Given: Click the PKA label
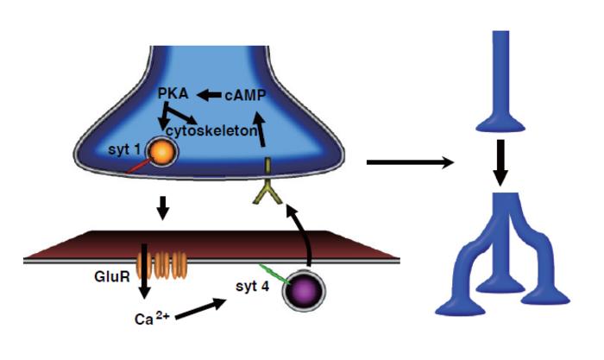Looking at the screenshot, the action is pos(173,93).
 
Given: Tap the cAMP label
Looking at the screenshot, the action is pos(245,95).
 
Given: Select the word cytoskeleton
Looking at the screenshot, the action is pos(211,131).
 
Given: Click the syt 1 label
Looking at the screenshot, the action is pos(124,149).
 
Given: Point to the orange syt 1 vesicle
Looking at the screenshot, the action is pos(163,151).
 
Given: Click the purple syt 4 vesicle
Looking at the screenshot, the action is pos(304,290).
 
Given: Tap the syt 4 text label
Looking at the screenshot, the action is pos(252,287).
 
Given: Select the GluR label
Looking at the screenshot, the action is pos(111,276).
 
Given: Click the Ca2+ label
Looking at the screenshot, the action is pos(152,318).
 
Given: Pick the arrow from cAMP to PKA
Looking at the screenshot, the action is pos(209,94).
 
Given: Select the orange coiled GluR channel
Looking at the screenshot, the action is pos(162,265).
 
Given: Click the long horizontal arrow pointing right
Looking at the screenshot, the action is pos(410,162).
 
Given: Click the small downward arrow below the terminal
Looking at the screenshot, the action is pos(163,208).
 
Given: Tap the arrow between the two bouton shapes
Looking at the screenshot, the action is pos(500,162).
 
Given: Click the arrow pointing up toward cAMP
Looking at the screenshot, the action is pos(261,129).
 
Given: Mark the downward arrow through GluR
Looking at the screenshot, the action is pos(144,271).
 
